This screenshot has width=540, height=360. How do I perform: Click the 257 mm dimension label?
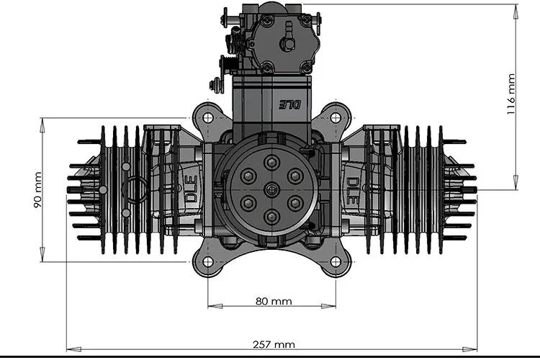coord(274,345)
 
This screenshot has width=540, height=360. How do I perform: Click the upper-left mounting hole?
coord(207,117)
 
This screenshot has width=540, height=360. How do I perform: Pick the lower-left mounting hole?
coord(207,262)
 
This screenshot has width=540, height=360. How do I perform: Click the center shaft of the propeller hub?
coord(271,189)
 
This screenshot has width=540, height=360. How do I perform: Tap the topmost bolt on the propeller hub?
coord(271,163)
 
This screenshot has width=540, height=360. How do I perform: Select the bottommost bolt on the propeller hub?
coord(271,216)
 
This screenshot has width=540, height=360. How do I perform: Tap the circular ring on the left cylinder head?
coord(135,190)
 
